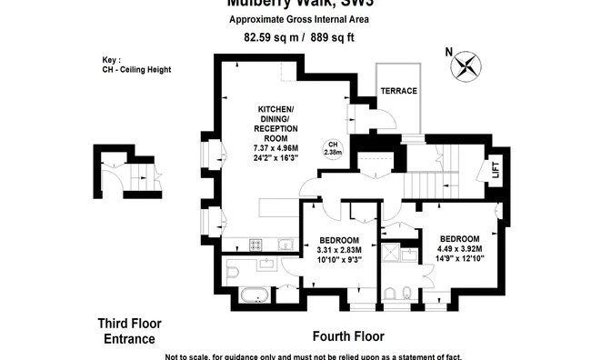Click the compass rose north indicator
click(466, 65)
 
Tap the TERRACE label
click(398, 92)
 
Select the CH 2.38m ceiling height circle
click(333, 148)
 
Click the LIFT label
click(495, 168)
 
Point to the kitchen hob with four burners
click(255, 244)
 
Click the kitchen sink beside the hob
click(285, 244)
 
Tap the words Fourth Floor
click(348, 335)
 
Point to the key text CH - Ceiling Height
click(137, 70)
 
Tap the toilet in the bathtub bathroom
click(232, 271)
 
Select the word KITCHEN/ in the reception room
click(275, 108)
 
